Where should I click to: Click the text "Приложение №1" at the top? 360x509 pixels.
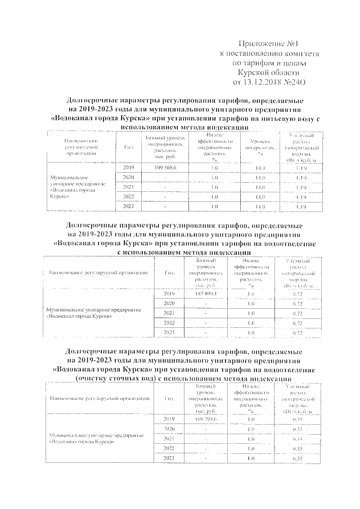(x=263, y=44)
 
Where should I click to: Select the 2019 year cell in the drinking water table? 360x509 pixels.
(x=128, y=168)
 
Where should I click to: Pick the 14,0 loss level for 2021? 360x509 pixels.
(x=259, y=187)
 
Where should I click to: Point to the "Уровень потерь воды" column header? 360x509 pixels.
(x=259, y=148)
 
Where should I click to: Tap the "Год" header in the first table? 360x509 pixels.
(x=128, y=148)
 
